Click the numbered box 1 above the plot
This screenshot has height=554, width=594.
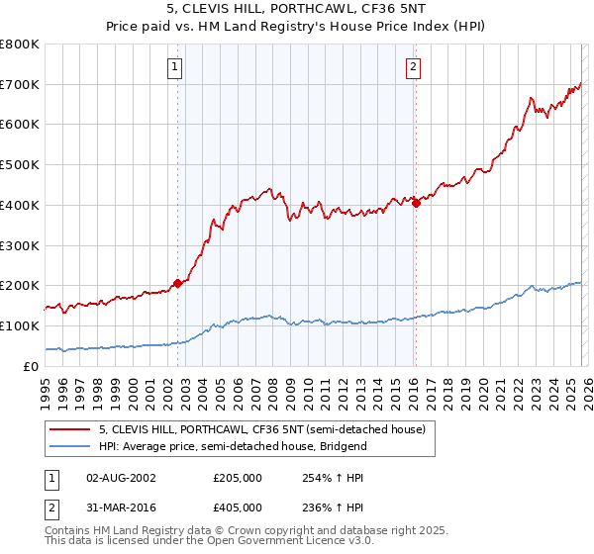[x=174, y=67]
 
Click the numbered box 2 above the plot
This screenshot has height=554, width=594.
[x=413, y=67]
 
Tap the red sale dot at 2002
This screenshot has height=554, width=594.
[x=177, y=283]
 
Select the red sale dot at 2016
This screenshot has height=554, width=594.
[x=416, y=203]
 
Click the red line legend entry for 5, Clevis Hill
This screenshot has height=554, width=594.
[x=261, y=429]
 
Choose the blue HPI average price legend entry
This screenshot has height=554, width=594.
[x=233, y=446]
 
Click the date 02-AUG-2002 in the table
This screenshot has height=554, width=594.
[x=121, y=477]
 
